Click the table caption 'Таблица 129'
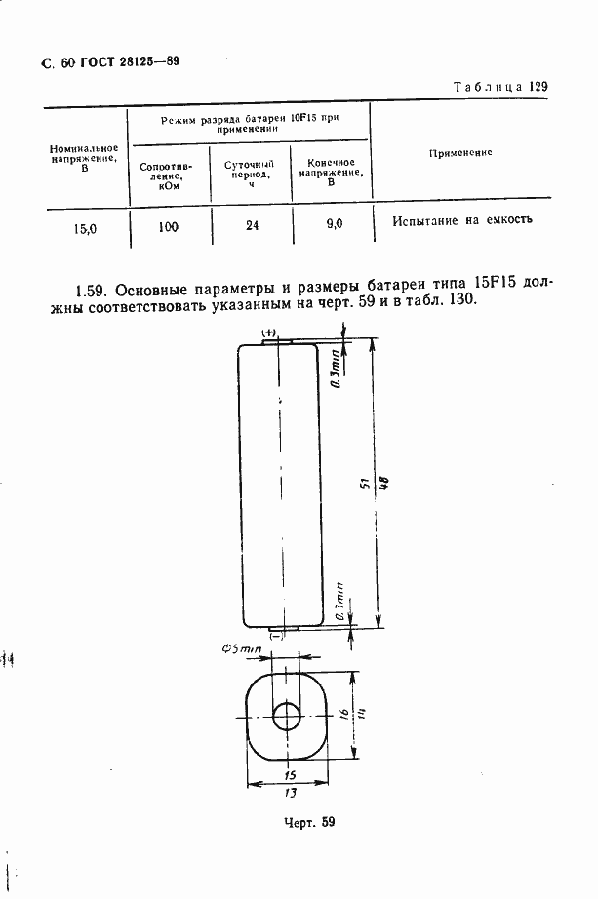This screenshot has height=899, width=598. [x=500, y=87]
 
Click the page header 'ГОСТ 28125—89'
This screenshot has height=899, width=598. [x=121, y=62]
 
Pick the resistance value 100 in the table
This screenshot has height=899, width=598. [x=168, y=226]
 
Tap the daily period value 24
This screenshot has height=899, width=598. [x=252, y=226]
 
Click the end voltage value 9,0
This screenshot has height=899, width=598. [x=334, y=224]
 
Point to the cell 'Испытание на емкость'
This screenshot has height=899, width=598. [x=462, y=220]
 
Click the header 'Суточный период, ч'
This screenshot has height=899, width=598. [x=250, y=174]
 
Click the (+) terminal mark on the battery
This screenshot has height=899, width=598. [x=270, y=333]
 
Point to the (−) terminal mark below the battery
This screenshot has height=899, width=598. [x=276, y=636]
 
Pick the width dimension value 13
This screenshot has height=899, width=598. [x=290, y=793]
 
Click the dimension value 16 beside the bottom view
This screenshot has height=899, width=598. [x=343, y=715]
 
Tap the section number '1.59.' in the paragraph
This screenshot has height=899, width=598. [x=96, y=290]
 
